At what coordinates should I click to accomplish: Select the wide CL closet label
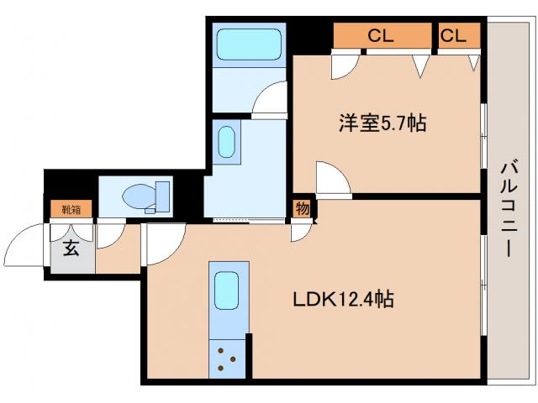(x=381, y=36)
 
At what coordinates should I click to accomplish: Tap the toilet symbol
(x=144, y=196)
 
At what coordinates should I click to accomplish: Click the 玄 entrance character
(x=71, y=249)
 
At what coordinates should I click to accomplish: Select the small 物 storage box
(x=300, y=207)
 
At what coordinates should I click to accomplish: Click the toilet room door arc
(x=109, y=237)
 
